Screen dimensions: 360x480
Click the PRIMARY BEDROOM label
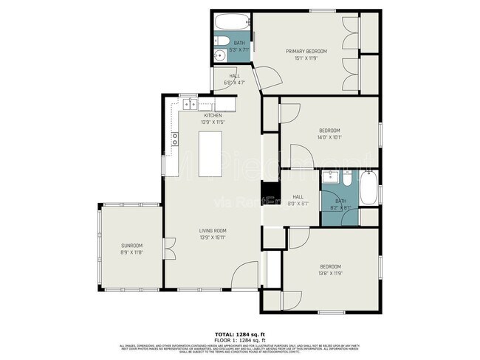click(306, 51)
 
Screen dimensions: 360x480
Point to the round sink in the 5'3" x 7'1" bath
click(219, 56)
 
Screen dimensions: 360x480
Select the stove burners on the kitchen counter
click(176, 137)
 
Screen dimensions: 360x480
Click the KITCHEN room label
click(213, 116)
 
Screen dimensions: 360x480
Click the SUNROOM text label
click(132, 245)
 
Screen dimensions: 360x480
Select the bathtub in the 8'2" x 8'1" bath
click(368, 188)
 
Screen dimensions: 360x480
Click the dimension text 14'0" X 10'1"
click(329, 136)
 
